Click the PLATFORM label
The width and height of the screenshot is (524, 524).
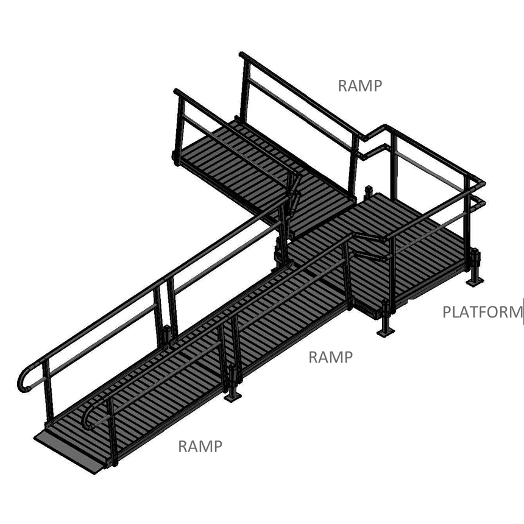(482, 313)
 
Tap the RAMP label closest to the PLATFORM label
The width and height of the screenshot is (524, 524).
(330, 357)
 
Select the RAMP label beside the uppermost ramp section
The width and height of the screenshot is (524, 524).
(360, 86)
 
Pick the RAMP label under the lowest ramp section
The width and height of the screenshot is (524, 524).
(200, 447)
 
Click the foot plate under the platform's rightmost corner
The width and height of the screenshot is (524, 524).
(475, 281)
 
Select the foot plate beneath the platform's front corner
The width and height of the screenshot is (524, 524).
(385, 332)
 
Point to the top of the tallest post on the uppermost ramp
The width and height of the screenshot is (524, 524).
(244, 56)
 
